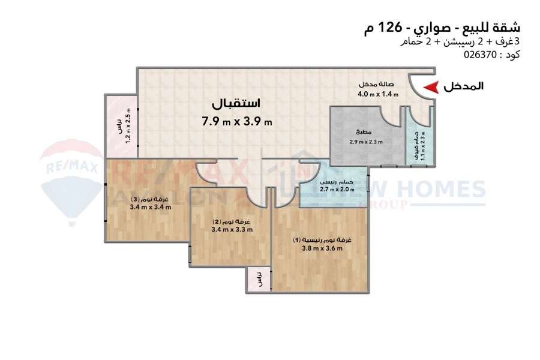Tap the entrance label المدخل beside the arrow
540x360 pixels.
click(x=463, y=86)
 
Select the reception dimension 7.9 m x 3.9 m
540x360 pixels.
click(x=237, y=122)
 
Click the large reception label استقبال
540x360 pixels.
click(x=236, y=103)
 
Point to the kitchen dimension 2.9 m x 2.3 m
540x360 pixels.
click(x=366, y=142)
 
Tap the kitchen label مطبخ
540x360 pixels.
click(x=364, y=132)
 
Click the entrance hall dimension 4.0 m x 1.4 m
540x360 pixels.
click(x=378, y=94)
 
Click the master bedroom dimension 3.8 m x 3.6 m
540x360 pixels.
click(x=322, y=248)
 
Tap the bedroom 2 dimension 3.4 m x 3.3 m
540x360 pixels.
click(x=232, y=229)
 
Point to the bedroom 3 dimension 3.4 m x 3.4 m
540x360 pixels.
click(x=151, y=207)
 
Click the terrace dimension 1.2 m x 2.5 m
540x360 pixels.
click(x=128, y=126)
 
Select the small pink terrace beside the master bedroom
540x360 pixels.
click(x=259, y=280)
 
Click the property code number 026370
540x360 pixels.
click(x=480, y=55)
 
